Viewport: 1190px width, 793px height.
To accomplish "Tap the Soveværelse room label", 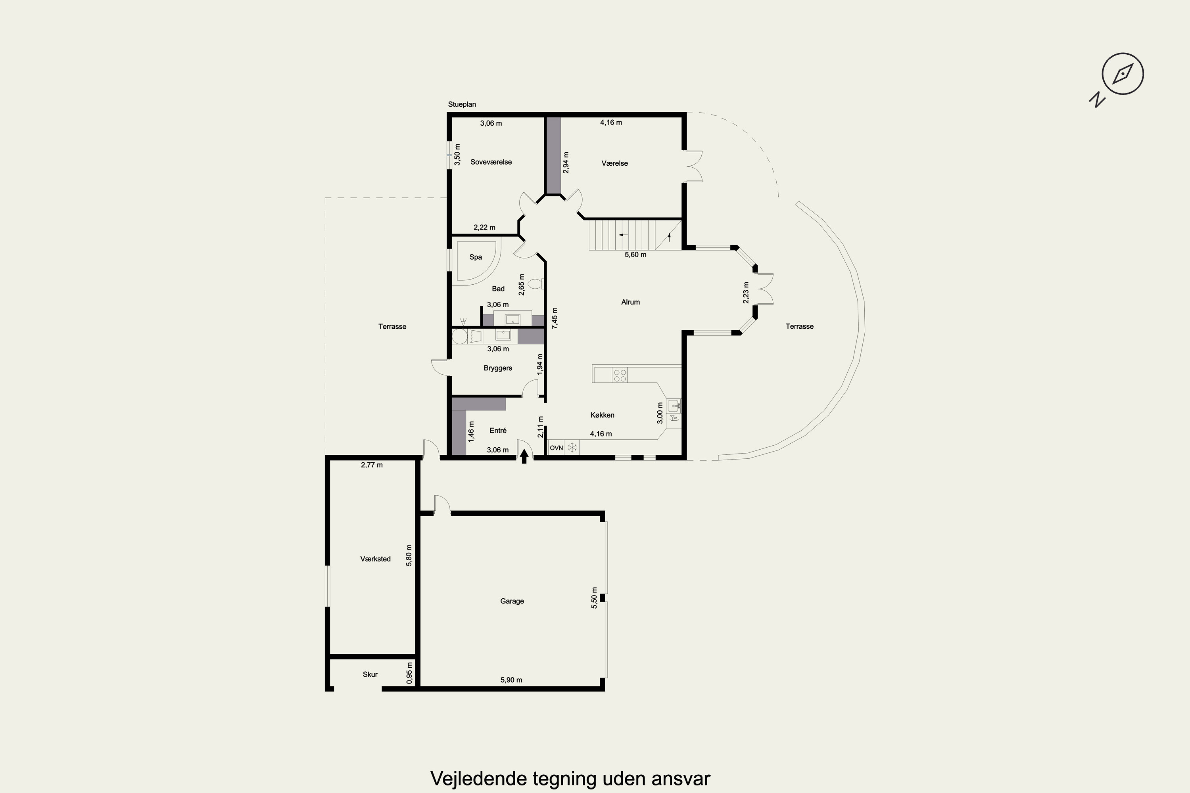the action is (491, 162).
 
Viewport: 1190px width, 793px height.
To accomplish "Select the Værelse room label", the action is (615, 163).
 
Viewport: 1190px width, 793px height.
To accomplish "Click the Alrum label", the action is (630, 302).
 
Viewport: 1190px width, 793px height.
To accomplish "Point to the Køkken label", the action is (602, 415).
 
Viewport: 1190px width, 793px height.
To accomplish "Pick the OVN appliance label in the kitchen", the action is (556, 448).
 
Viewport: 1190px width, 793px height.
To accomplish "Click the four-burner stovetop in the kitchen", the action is (620, 375).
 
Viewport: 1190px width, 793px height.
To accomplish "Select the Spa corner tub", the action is (478, 261).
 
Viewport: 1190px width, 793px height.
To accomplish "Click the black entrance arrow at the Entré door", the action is (524, 456).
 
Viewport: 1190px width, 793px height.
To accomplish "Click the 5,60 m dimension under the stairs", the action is (635, 255).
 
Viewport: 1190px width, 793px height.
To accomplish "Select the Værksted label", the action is (375, 559).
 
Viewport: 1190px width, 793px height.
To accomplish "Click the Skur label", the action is (370, 674).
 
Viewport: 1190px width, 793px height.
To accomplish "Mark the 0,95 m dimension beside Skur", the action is (409, 673).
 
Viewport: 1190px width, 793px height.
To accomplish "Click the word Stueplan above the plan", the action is (462, 105).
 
